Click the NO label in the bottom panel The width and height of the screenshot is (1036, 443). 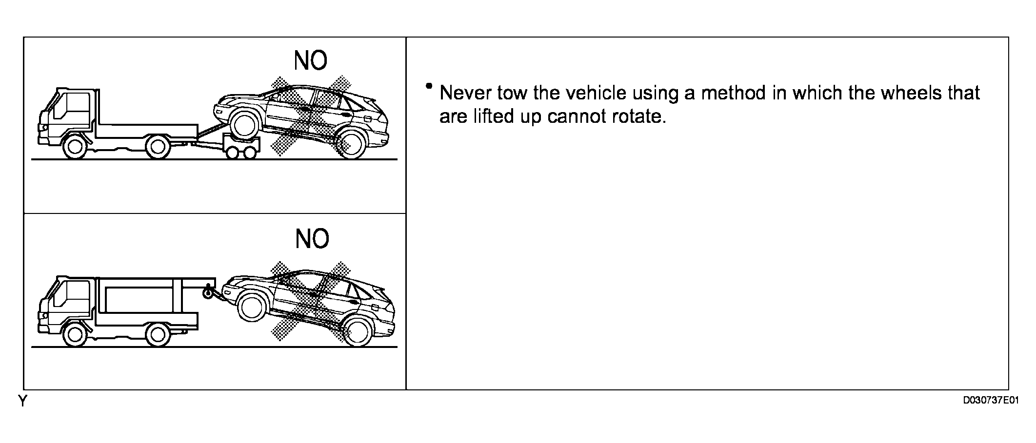312,239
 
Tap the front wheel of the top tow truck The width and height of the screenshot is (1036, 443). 75,147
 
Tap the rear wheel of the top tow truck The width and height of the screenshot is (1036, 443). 158,147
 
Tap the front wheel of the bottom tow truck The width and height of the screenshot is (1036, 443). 75,334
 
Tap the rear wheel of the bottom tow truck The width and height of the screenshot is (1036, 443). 158,334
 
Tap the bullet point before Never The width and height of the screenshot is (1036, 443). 429,86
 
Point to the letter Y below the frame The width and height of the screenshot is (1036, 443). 23,401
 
